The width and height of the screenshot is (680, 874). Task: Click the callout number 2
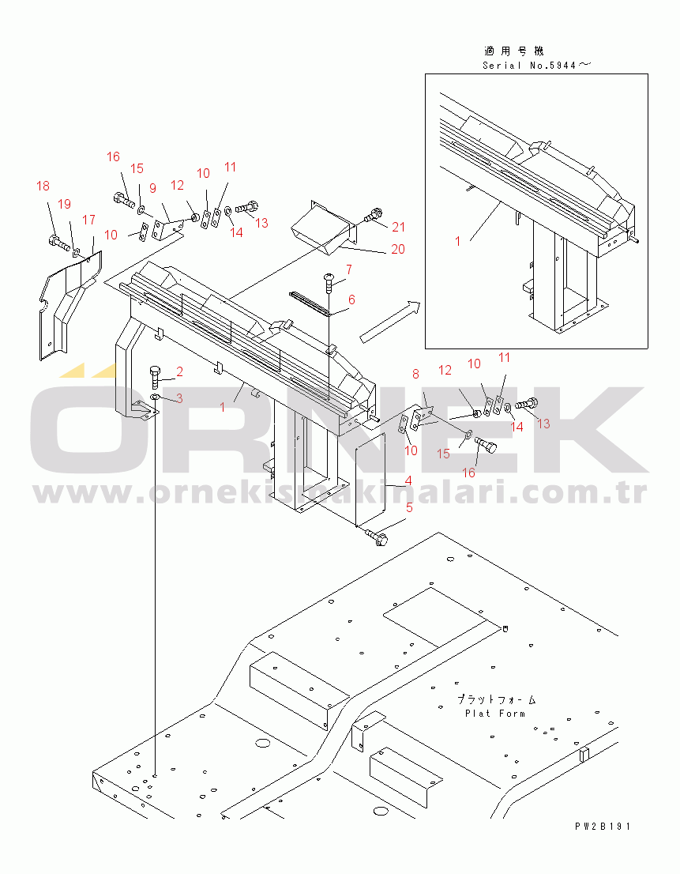[x=179, y=371]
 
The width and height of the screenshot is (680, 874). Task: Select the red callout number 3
[x=179, y=398]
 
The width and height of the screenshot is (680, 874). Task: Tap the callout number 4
[x=408, y=480]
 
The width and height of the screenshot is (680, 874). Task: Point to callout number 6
[x=351, y=299]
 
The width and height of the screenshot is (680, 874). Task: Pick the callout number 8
[x=415, y=375]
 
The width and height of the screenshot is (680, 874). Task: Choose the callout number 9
[x=152, y=187]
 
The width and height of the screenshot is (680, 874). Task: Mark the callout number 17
[x=88, y=220]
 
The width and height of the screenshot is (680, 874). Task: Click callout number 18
[x=43, y=186]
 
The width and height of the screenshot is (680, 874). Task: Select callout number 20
[x=397, y=249]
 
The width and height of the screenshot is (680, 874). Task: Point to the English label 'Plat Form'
[x=495, y=714]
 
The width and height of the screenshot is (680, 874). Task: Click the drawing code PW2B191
[x=603, y=827]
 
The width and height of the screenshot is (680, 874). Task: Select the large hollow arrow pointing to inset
[x=390, y=322]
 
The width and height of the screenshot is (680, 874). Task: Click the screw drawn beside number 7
[x=327, y=280]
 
